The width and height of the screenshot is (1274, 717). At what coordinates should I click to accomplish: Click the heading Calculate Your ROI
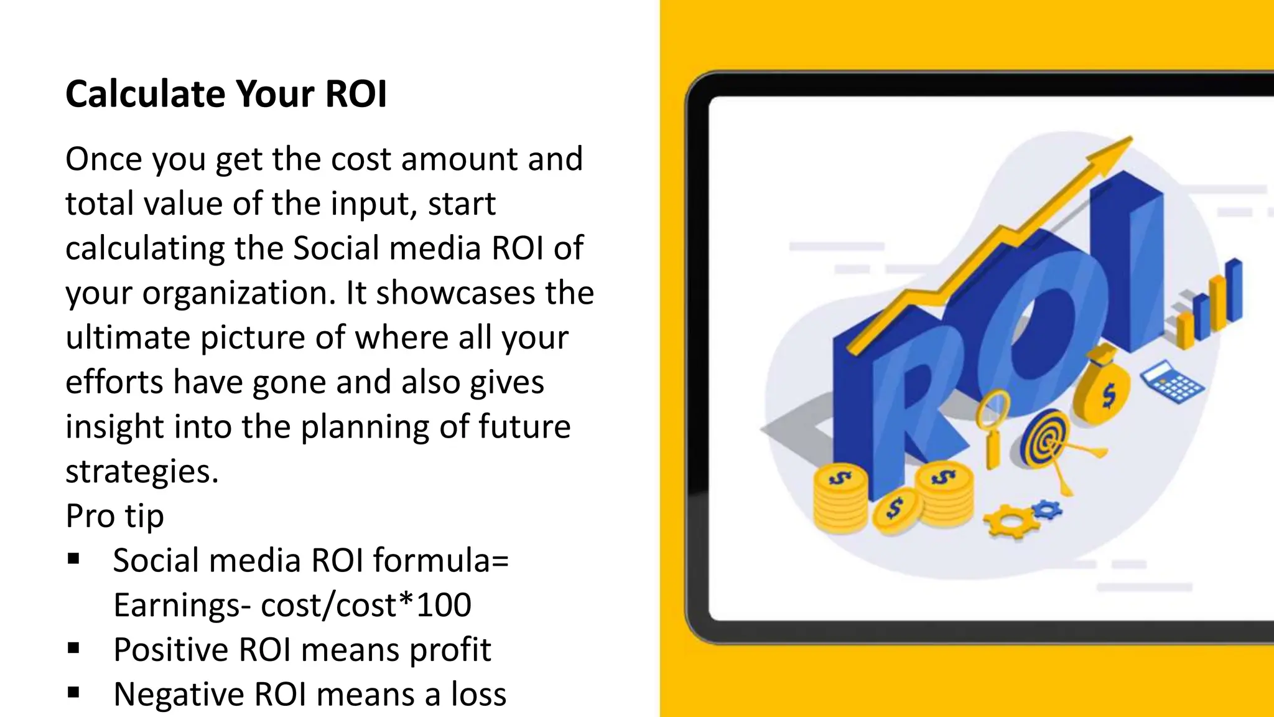226,94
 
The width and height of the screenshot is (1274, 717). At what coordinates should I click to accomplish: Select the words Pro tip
114,516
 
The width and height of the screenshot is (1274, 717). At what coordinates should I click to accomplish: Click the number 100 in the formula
444,605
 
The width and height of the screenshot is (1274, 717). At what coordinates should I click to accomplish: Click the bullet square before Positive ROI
74,649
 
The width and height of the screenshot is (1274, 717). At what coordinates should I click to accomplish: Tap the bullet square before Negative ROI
74,693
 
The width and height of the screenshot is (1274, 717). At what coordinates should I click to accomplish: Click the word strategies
142,471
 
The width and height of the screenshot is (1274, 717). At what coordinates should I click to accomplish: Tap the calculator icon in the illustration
1172,381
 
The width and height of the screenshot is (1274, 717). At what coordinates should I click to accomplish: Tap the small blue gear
1047,510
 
